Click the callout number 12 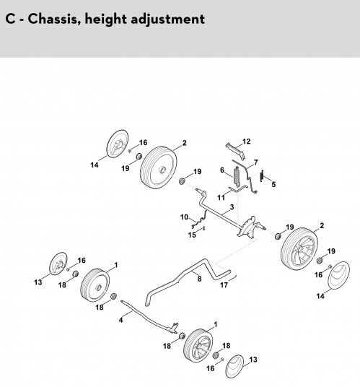[246, 142]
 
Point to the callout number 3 [232, 206]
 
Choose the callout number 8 [200, 279]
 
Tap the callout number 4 [120, 320]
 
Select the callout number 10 [184, 217]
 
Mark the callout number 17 [224, 285]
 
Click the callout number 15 [192, 235]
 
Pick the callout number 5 [273, 184]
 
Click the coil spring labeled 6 [237, 176]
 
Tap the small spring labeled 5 [262, 175]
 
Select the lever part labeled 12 [235, 151]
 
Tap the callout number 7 [256, 162]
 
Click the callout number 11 [221, 198]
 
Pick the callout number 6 [222, 170]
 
